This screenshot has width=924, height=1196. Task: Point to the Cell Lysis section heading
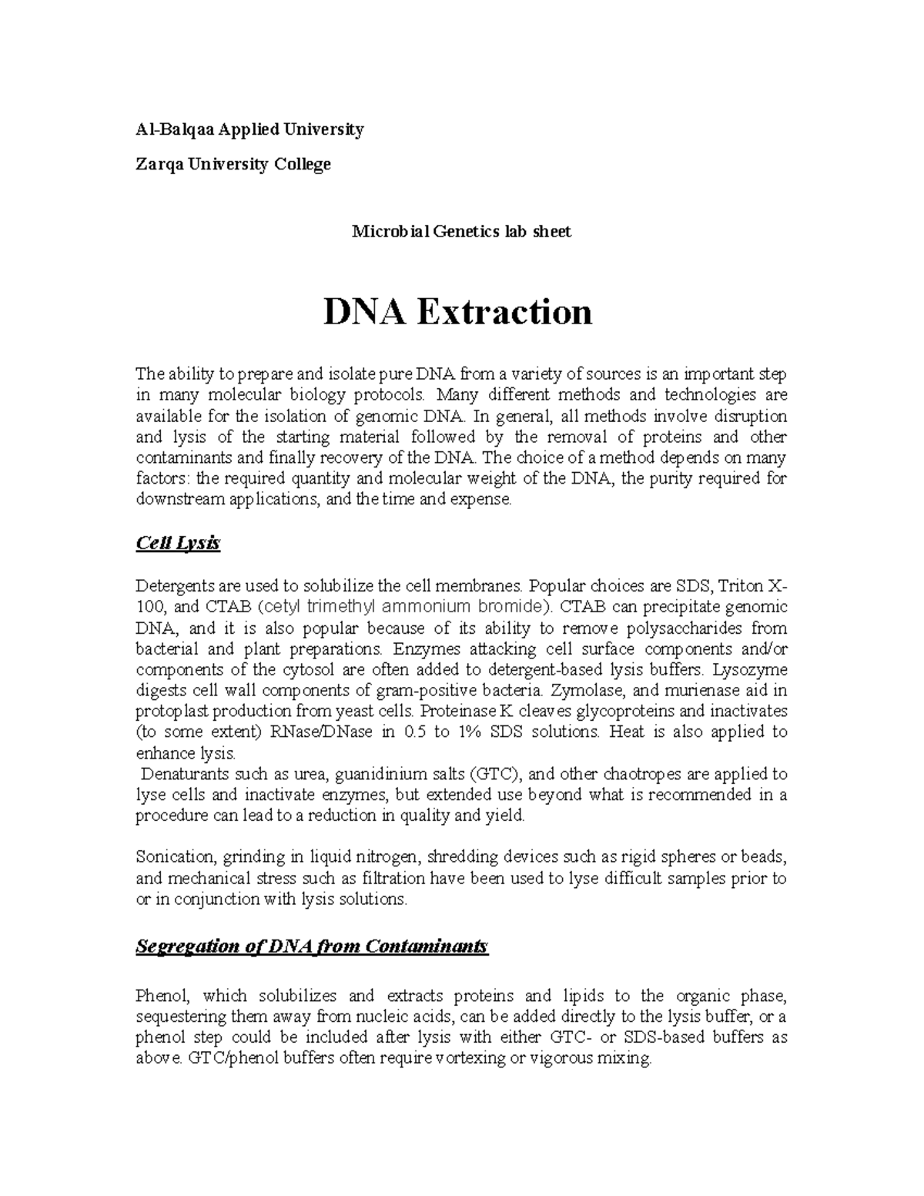(178, 544)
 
